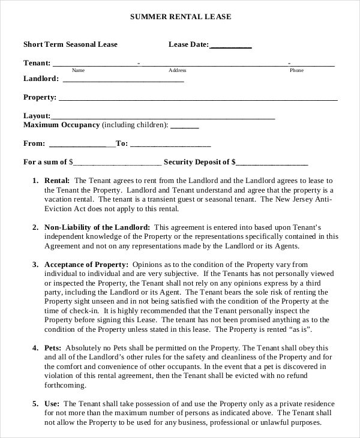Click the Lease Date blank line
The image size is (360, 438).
click(x=231, y=45)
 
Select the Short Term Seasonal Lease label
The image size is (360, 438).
click(x=70, y=44)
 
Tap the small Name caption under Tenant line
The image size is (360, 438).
click(x=79, y=70)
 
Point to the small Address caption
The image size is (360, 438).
click(x=177, y=70)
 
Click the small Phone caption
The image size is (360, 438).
click(x=296, y=70)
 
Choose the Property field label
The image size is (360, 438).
click(x=40, y=97)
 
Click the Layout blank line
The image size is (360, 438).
click(x=163, y=117)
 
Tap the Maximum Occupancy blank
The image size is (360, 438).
click(x=185, y=126)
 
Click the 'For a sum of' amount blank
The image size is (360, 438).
click(x=118, y=163)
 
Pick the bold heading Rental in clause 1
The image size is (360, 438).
click(x=58, y=180)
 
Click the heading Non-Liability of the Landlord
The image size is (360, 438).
click(x=97, y=227)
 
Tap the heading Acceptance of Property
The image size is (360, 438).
click(x=86, y=265)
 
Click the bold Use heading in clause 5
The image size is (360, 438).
click(x=52, y=404)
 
